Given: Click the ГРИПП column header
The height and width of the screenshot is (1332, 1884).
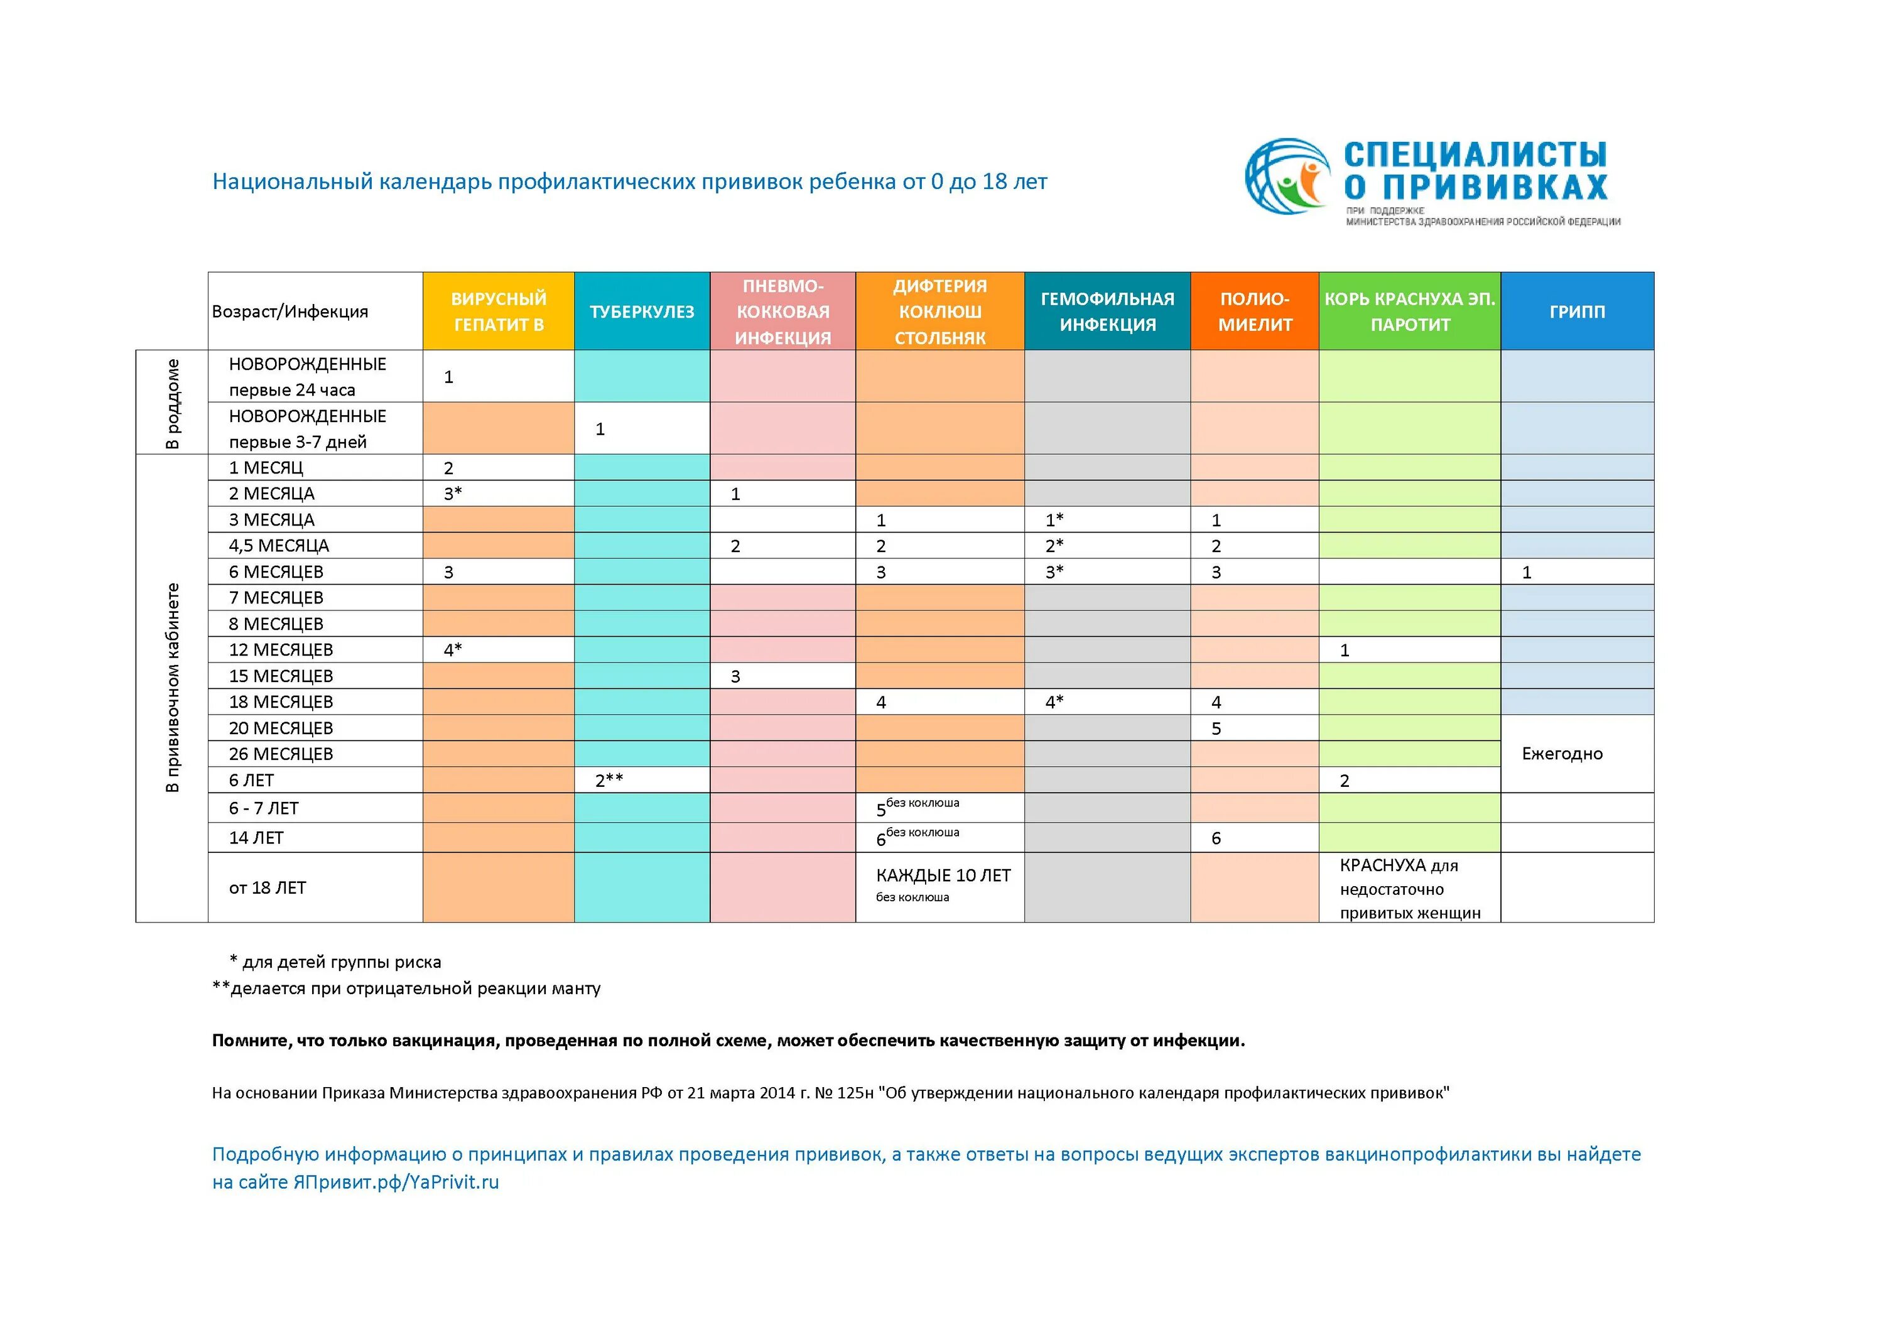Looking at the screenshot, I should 1576,311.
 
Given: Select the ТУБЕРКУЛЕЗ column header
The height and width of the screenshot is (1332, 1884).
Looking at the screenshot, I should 642,311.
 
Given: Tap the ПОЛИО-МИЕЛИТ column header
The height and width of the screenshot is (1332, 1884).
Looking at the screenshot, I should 1254,311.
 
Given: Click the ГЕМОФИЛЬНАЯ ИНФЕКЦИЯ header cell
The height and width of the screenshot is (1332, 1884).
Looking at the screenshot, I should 1107,311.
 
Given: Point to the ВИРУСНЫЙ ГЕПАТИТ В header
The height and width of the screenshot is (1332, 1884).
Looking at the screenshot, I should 498,311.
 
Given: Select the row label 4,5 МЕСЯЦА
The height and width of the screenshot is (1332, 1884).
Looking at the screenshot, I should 278,546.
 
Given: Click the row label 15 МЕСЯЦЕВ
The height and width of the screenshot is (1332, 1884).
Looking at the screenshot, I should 281,676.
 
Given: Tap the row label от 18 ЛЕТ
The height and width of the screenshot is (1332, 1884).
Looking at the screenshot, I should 268,887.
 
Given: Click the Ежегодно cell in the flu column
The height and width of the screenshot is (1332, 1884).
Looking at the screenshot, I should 1561,754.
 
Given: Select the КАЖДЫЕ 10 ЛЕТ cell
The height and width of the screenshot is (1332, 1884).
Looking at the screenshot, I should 943,875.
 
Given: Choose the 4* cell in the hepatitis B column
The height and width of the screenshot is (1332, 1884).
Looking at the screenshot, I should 453,650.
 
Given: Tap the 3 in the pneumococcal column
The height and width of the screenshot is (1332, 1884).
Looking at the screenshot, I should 735,676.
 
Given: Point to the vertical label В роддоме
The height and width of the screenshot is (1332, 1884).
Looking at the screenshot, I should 171,403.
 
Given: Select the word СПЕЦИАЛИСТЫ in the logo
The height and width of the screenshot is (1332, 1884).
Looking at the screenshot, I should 1475,154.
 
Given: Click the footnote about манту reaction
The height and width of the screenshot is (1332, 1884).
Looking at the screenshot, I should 407,988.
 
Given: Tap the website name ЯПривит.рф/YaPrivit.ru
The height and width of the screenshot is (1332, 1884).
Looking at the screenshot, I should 396,1182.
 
